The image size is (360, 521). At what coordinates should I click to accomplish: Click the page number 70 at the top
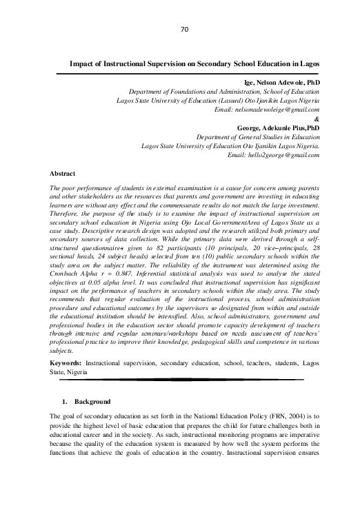coord(184,30)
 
